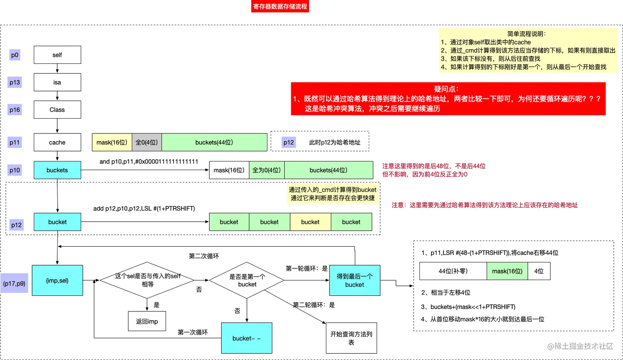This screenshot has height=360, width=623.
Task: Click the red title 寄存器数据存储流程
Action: pyautogui.click(x=280, y=7)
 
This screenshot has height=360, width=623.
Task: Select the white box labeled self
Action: pyautogui.click(x=57, y=55)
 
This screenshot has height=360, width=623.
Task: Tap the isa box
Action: pyautogui.click(x=57, y=82)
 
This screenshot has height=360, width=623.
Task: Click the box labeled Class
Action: pyautogui.click(x=57, y=110)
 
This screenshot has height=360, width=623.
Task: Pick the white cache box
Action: pyautogui.click(x=57, y=143)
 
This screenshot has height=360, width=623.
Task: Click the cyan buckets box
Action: pyautogui.click(x=57, y=170)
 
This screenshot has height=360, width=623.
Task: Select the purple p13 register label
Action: pyautogui.click(x=15, y=82)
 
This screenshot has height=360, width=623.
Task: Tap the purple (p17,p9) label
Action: pyautogui.click(x=14, y=283)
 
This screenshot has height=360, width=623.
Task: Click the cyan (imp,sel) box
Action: pyautogui.click(x=57, y=281)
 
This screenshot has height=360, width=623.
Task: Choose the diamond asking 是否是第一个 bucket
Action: pyautogui.click(x=247, y=281)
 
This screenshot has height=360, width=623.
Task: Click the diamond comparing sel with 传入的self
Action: pyautogui.click(x=148, y=280)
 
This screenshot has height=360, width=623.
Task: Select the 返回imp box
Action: pyautogui.click(x=147, y=321)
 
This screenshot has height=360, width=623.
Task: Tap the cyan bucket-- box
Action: pyautogui.click(x=246, y=338)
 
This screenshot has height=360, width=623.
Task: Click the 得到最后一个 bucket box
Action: pyautogui.click(x=354, y=281)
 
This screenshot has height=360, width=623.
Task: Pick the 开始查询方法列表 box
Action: pyautogui.click(x=351, y=338)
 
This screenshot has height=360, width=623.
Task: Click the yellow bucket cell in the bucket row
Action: pyautogui.click(x=310, y=222)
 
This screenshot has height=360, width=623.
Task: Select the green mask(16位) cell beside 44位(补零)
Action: pyautogui.click(x=507, y=271)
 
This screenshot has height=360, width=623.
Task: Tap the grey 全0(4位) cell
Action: pyautogui.click(x=147, y=143)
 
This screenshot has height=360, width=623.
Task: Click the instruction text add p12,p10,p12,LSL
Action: pyautogui.click(x=144, y=208)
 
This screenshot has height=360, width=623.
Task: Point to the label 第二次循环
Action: pyautogui.click(x=204, y=256)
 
